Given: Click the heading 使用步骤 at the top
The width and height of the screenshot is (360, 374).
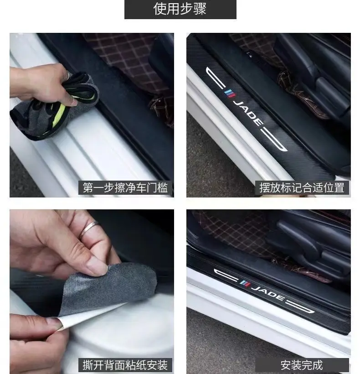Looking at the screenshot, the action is coord(180,9).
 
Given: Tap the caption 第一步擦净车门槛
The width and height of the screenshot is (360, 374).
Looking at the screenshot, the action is coord(125,188).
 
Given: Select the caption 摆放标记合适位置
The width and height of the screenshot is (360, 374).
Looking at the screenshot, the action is coord(302,188).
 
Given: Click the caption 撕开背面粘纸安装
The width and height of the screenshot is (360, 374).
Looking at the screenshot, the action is coord(125,365).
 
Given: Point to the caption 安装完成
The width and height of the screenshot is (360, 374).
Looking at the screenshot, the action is coord(302,365).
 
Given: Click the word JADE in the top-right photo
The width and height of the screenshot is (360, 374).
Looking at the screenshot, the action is coord(248,113).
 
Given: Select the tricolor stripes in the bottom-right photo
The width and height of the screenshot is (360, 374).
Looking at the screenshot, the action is coord(245,283).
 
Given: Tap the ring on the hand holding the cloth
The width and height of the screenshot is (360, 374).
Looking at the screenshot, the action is coord(68,76).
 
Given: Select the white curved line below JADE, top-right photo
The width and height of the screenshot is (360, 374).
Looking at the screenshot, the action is coord(274,140).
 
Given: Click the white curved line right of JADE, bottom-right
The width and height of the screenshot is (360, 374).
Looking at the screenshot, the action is coord(301,307).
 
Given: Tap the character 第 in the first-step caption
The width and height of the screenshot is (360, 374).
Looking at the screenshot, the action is coord(87,188).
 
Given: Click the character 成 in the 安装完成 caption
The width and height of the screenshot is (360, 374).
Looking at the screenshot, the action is coord(318,365).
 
